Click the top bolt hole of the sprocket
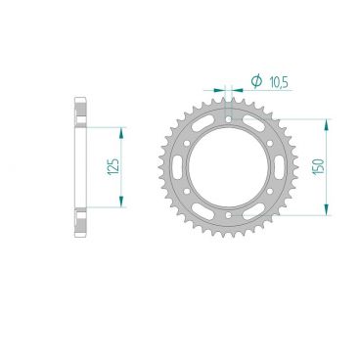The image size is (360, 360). tap(229, 120)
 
